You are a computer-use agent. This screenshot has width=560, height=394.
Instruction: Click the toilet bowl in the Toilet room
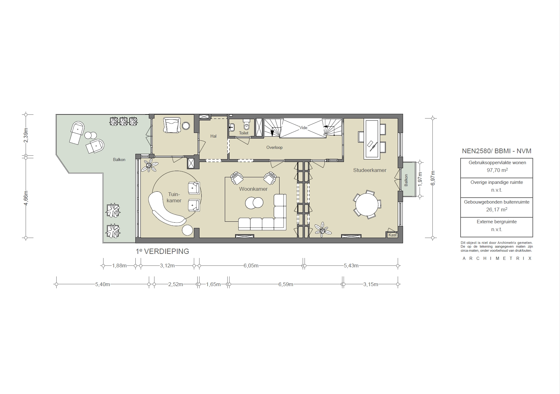pyautogui.click(x=246, y=126)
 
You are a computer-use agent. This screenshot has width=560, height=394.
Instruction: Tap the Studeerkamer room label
pyautogui.click(x=370, y=170)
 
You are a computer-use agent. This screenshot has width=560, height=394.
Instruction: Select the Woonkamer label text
pyautogui.click(x=253, y=189)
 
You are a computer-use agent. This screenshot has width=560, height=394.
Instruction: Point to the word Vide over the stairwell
pyautogui.click(x=303, y=128)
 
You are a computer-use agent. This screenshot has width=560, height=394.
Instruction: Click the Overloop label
pyautogui.click(x=274, y=148)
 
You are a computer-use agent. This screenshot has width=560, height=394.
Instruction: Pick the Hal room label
pyautogui.click(x=213, y=136)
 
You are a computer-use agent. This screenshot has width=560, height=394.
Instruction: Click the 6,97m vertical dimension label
pyautogui.click(x=433, y=178)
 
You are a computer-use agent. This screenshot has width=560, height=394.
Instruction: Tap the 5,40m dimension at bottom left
pyautogui.click(x=103, y=285)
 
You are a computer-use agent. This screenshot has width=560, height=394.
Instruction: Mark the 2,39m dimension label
pyautogui.click(x=26, y=135)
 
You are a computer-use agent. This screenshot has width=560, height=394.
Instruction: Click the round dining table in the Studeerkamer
pyautogui.click(x=367, y=205)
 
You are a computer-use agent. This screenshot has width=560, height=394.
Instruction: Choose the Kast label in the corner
pyautogui.click(x=392, y=235)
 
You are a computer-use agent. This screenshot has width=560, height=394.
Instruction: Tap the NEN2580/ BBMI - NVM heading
pyautogui.click(x=497, y=151)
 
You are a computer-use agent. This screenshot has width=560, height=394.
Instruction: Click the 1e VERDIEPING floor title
pyautogui.click(x=162, y=251)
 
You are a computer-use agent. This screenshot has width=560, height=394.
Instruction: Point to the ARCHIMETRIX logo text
pyautogui.click(x=497, y=259)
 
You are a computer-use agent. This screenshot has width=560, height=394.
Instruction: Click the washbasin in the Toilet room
pyautogui.click(x=232, y=127)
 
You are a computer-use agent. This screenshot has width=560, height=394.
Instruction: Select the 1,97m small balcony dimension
pyautogui.click(x=420, y=179)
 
